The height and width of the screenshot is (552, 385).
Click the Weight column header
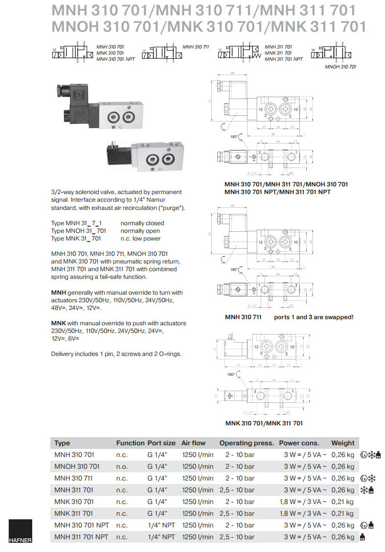(343, 443)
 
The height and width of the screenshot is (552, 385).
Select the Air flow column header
(193, 443)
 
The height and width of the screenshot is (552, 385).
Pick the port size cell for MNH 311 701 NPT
(161, 537)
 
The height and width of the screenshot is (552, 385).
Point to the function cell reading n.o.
(122, 466)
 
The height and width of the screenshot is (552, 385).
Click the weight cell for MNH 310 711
(343, 478)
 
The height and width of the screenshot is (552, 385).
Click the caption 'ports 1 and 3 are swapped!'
(313, 317)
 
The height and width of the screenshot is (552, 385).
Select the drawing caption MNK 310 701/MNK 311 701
(264, 423)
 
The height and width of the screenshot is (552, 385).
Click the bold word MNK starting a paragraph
(58, 323)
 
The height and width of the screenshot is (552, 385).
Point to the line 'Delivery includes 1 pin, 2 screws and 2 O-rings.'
(116, 354)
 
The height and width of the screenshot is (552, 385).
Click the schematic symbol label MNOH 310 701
(341, 67)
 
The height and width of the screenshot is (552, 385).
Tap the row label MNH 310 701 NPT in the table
(81, 525)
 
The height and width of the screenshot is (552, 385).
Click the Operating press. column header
(246, 443)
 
